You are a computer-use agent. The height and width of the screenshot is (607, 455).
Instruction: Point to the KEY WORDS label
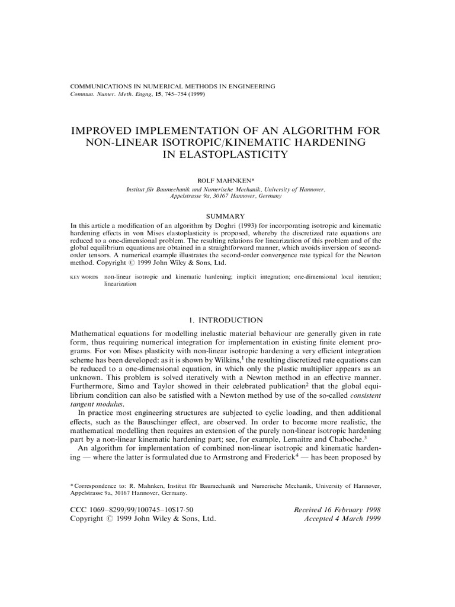pos(85,276)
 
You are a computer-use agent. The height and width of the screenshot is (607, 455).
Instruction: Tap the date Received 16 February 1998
pos(337,509)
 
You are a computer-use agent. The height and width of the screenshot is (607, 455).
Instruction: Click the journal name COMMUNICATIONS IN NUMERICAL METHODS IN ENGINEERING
pos(172,86)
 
